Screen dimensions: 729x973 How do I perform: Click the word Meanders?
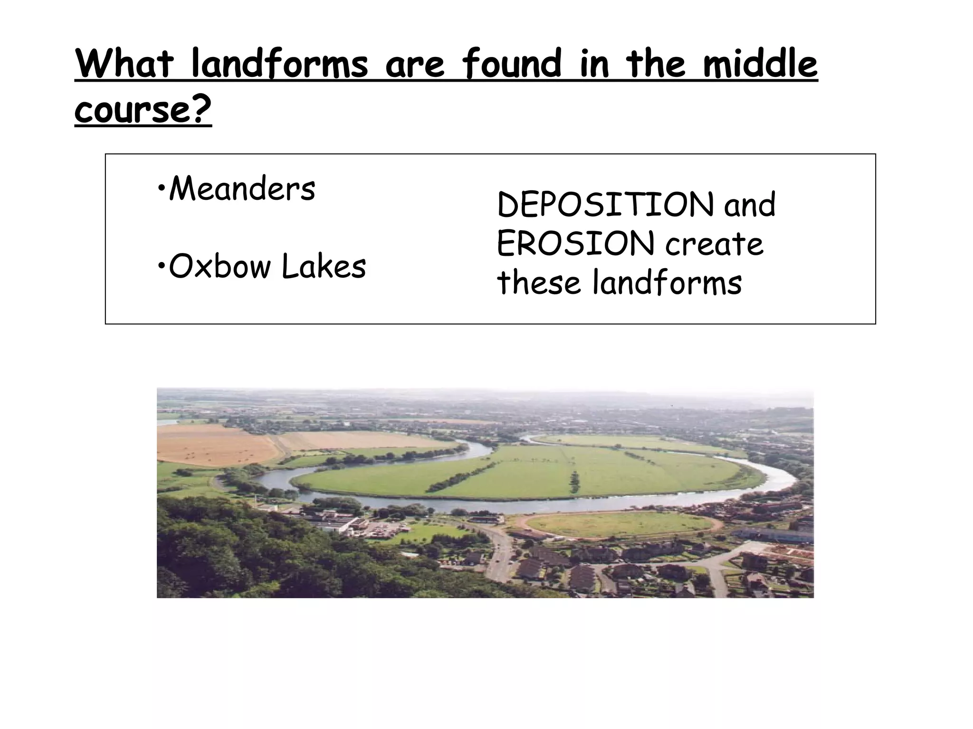tap(242, 189)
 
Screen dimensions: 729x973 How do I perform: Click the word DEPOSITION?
tap(605, 205)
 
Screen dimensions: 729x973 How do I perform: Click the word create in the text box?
tap(714, 244)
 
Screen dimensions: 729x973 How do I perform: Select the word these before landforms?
tap(539, 283)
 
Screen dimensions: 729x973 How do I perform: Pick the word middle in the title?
tap(760, 64)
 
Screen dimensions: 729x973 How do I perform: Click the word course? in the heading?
tap(143, 110)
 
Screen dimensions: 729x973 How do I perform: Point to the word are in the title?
tap(415, 64)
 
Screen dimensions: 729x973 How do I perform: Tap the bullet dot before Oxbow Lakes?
tap(161, 267)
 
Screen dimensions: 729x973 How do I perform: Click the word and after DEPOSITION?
tap(750, 205)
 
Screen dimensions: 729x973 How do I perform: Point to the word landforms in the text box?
tap(667, 283)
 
